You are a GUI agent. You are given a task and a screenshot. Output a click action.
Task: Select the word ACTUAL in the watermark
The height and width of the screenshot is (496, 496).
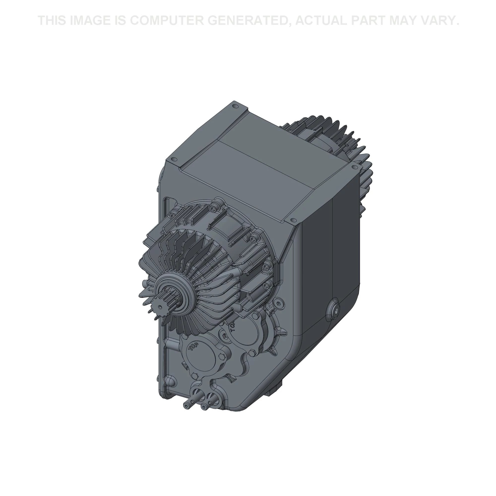[x=321, y=20]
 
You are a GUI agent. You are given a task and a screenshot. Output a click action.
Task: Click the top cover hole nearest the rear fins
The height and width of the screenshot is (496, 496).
[x=355, y=167]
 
